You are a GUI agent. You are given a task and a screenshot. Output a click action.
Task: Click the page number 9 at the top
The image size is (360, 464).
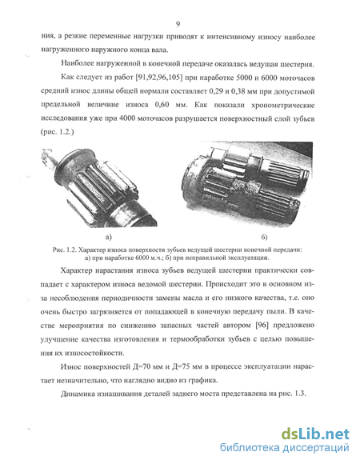pyautogui.click(x=178, y=24)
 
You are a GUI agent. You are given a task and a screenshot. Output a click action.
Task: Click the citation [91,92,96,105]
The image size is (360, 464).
pyautogui.click(x=158, y=78)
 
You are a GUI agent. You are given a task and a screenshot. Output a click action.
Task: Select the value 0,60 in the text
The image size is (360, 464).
pyautogui.click(x=162, y=105)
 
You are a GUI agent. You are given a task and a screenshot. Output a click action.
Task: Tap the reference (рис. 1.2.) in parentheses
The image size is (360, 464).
pyautogui.click(x=57, y=132)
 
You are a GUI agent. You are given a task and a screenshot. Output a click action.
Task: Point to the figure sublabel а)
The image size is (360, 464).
pyautogui.click(x=109, y=237)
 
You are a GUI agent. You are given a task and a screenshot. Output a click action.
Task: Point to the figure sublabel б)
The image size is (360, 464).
pyautogui.click(x=265, y=237)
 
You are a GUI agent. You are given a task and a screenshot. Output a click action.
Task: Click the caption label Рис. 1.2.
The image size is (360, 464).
pyautogui.click(x=65, y=250)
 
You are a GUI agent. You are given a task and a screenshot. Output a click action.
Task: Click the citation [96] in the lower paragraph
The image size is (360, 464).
pyautogui.click(x=262, y=326)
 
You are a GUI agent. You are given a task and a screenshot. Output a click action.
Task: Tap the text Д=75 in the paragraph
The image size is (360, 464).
pyautogui.click(x=184, y=366)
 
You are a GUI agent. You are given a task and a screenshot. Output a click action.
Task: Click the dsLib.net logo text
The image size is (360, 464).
pyautogui.click(x=315, y=434)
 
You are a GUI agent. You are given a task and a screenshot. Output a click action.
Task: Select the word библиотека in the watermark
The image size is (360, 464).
pyautogui.click(x=250, y=447)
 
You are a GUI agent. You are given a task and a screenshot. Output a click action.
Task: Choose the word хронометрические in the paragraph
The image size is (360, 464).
pyautogui.click(x=282, y=106)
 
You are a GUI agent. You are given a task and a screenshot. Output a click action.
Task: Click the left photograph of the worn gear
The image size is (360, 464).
pyautogui.click(x=99, y=187)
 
